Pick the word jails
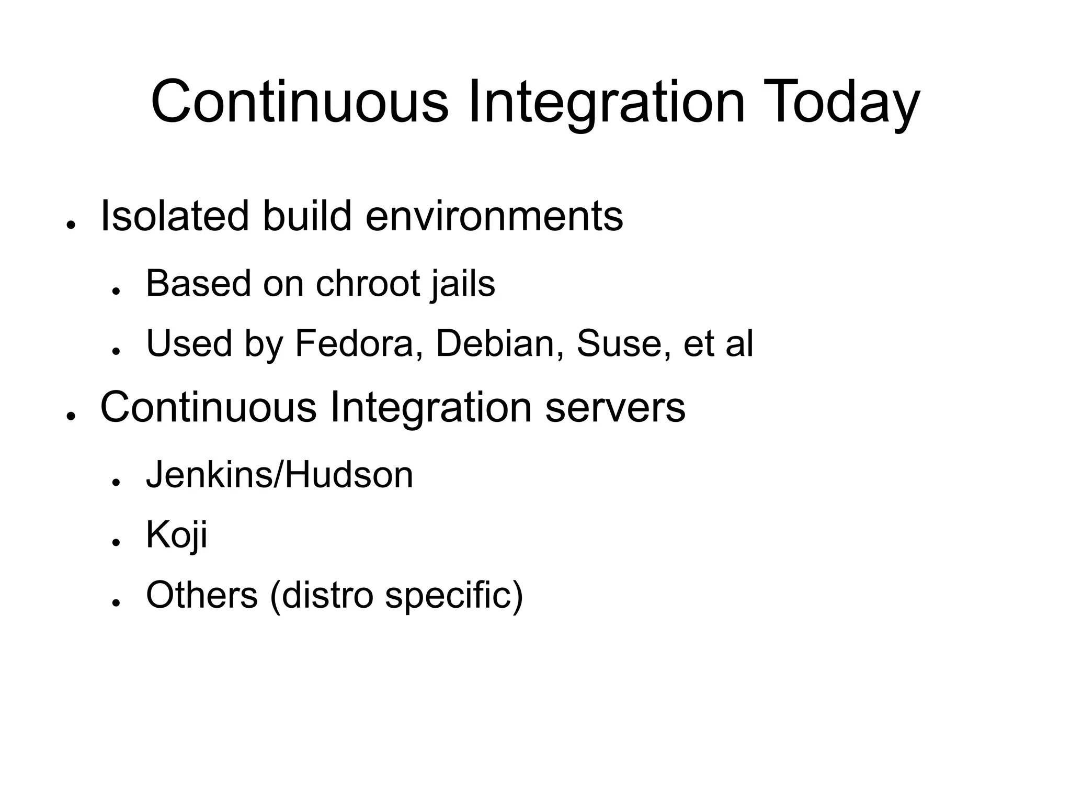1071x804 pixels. click(463, 284)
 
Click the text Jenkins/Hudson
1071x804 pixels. click(279, 475)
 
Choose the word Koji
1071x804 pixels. click(177, 535)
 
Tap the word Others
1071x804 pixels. click(202, 595)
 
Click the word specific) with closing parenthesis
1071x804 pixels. click(454, 596)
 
